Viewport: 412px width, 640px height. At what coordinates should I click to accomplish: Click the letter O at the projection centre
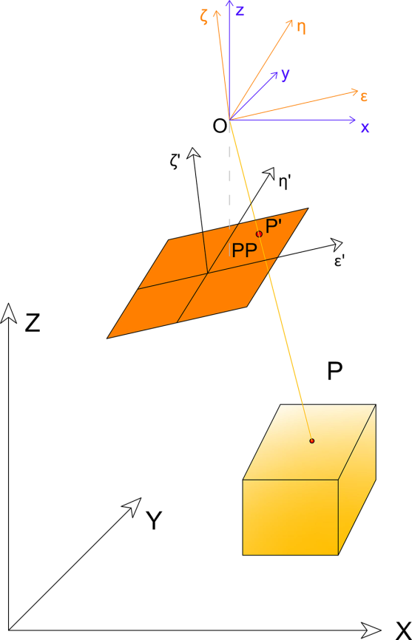coord(220,126)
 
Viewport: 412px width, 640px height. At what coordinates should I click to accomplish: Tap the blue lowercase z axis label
coord(240,10)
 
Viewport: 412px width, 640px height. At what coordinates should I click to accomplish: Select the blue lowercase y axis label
coord(286,75)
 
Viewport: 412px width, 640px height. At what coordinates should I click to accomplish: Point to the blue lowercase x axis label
coord(365,127)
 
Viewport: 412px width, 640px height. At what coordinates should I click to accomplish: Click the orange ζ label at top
coord(204,17)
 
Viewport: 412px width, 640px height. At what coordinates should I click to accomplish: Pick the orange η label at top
coord(301,27)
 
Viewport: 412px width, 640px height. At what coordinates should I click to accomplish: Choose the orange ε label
coord(364,97)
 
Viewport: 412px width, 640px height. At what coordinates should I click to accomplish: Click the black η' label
coord(284,183)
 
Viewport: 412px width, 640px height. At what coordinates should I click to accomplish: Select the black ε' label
coord(340,261)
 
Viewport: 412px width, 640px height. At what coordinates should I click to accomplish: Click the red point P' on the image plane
coord(259,234)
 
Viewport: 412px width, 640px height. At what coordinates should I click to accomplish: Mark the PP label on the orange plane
coord(244,251)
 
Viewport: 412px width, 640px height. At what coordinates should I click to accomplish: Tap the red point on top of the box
coord(312,440)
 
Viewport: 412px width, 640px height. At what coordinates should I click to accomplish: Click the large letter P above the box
coord(335,372)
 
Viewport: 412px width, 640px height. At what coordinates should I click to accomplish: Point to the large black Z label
coord(33,323)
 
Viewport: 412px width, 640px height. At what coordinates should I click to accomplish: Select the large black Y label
coord(154,520)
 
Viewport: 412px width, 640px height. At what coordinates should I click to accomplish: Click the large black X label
coord(403,631)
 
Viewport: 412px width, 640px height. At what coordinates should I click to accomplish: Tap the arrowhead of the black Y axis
coord(134,505)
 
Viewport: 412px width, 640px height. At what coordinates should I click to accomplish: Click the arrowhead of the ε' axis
coord(336,244)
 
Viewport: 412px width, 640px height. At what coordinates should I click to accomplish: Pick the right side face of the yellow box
coord(357,480)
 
